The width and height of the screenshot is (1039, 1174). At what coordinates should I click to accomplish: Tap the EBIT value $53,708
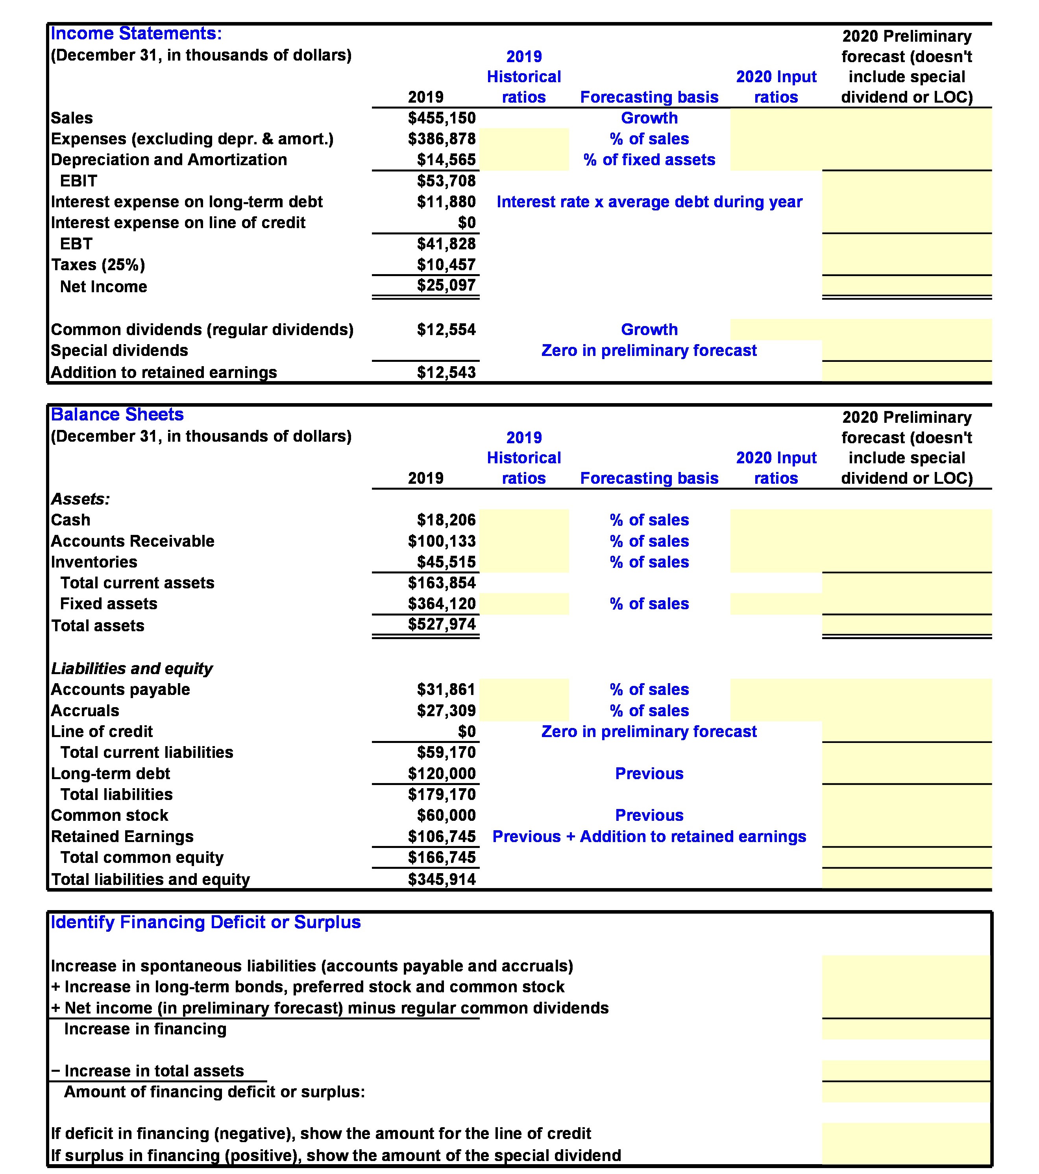tap(446, 181)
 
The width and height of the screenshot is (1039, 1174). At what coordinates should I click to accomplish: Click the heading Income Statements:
tap(136, 33)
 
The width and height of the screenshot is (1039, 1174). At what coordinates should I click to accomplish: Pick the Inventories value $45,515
tap(446, 562)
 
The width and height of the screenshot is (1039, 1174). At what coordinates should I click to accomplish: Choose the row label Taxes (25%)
tap(98, 265)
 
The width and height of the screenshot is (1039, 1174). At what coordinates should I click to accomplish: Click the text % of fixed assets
tap(649, 160)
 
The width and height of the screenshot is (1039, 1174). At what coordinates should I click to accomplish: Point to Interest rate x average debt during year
tap(649, 202)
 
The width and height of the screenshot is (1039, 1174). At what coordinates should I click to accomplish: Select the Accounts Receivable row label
tap(132, 541)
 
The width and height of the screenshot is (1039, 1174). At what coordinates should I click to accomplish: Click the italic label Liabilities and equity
tap(131, 669)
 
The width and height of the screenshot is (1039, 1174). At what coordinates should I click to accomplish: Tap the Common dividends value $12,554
tap(446, 330)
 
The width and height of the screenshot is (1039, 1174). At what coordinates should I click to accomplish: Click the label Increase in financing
tap(145, 1029)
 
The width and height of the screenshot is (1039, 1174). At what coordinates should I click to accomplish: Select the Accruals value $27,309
tap(446, 710)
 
